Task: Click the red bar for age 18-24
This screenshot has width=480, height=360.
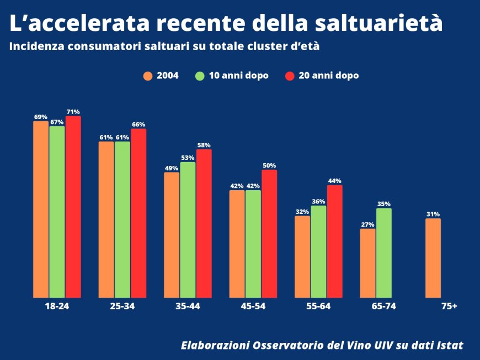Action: pyautogui.click(x=73, y=207)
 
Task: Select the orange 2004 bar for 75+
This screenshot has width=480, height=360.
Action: pyautogui.click(x=433, y=258)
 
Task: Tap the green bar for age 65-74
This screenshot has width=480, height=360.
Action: pyautogui.click(x=383, y=252)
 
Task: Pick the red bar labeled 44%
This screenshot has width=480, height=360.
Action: pyautogui.click(x=334, y=241)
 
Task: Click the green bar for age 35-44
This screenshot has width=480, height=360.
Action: pyautogui.click(x=188, y=229)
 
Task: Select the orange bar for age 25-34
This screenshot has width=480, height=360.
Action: pyautogui.click(x=106, y=219)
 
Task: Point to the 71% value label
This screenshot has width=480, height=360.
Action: pyautogui.click(x=73, y=112)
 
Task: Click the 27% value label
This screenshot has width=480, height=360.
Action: pyautogui.click(x=367, y=224)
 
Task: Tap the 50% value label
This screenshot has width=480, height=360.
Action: pyautogui.click(x=269, y=165)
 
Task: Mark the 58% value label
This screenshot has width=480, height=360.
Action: pyautogui.click(x=204, y=145)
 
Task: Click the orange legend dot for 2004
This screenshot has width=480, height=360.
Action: pyautogui.click(x=147, y=76)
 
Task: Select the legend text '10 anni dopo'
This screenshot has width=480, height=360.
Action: pyautogui.click(x=238, y=76)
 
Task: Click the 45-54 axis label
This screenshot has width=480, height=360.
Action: pyautogui.click(x=253, y=306)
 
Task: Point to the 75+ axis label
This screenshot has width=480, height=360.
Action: pyautogui.click(x=449, y=306)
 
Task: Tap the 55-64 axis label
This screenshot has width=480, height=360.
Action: pyautogui.click(x=318, y=306)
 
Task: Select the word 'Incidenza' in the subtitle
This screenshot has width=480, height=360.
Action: pyautogui.click(x=36, y=47)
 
